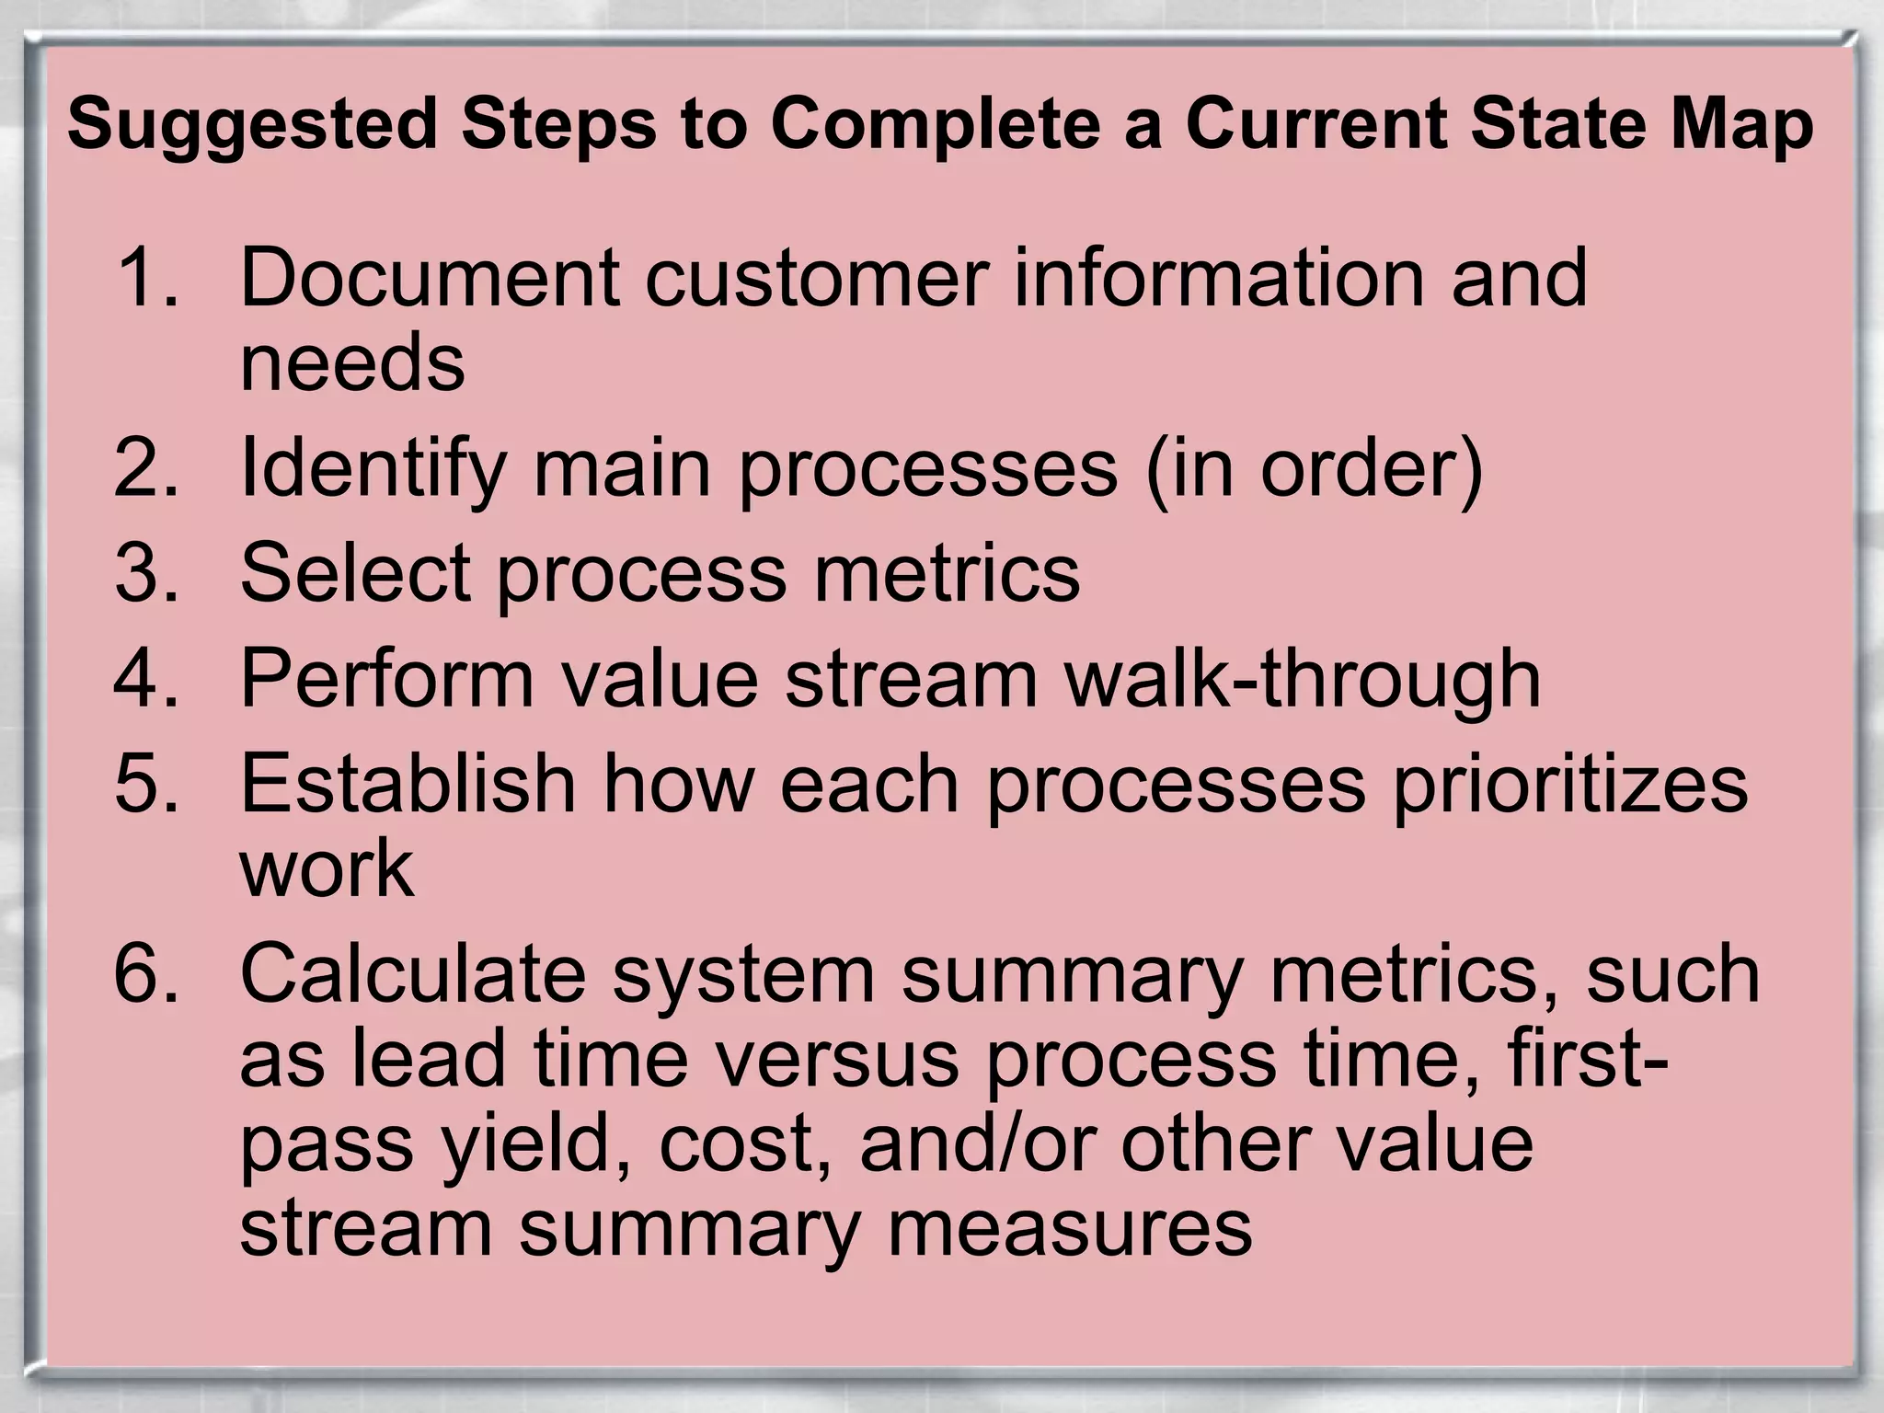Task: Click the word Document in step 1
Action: point(431,277)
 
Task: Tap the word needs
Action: point(352,362)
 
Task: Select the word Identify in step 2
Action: point(373,468)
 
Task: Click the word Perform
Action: point(387,678)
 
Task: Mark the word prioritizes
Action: point(1569,784)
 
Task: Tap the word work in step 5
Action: point(327,868)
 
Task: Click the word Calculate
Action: point(413,973)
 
